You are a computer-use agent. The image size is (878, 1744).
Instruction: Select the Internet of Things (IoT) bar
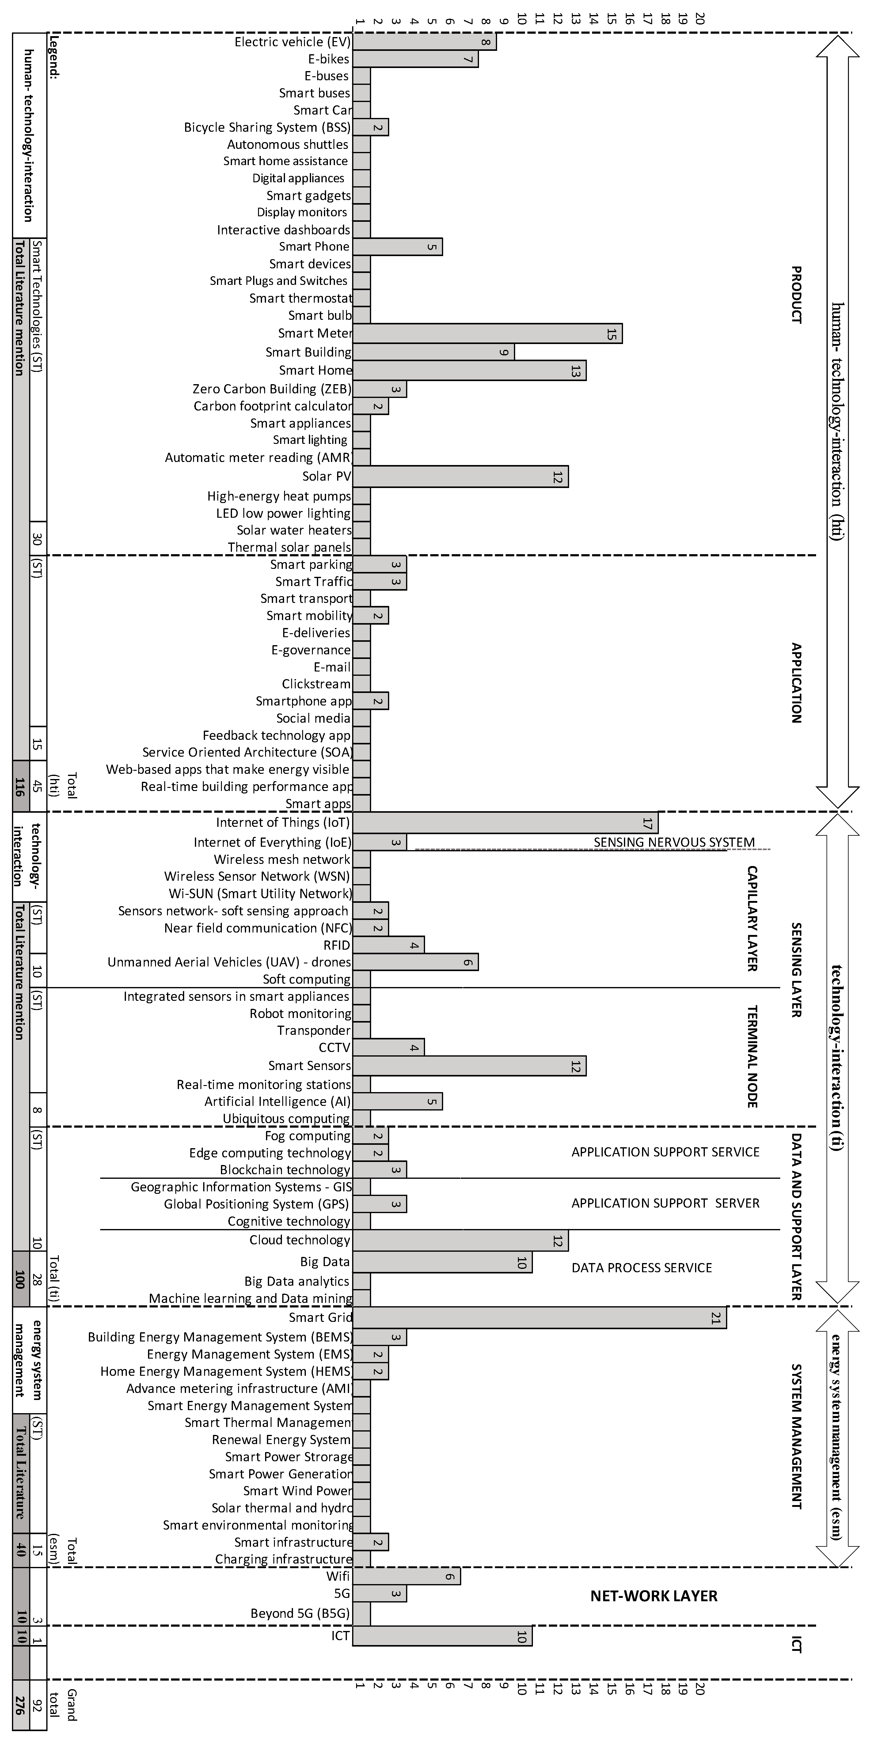click(505, 823)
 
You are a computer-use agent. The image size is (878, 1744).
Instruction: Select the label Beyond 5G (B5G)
click(300, 1613)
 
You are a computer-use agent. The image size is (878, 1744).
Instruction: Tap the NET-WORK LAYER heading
click(654, 1596)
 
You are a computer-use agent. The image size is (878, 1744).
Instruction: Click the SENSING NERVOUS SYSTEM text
click(674, 842)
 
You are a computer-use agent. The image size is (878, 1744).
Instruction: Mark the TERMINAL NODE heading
click(751, 1056)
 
